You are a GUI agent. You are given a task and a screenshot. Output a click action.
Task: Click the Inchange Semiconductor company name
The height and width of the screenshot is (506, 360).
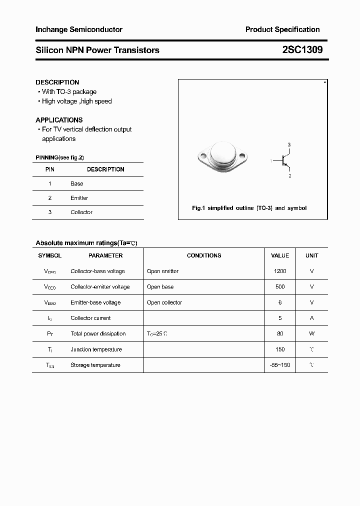coord(79,30)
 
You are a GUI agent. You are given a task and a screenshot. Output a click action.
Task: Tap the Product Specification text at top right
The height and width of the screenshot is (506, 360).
coord(282,30)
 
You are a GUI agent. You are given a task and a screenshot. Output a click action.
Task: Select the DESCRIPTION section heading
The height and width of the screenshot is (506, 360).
coord(57,82)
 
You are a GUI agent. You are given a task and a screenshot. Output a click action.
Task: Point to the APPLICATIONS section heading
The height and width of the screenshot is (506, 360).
coord(59,120)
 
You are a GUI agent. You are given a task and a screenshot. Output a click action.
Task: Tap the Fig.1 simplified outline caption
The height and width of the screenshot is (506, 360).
coord(249,208)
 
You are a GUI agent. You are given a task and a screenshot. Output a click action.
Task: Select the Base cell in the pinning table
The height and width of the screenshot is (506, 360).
coord(77,183)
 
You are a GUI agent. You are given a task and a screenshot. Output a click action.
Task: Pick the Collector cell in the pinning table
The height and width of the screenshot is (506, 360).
coord(81,212)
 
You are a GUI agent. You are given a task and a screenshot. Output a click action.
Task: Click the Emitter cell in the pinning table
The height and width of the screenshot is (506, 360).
coord(79,198)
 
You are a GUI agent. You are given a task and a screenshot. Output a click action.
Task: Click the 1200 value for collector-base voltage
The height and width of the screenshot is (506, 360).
coord(280,271)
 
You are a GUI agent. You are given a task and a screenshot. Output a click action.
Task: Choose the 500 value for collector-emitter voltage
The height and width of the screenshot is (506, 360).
coord(280,287)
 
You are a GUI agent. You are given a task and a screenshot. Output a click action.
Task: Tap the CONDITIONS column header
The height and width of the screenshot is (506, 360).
coord(204,255)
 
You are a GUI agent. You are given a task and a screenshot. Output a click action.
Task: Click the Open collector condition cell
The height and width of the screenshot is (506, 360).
coord(164,302)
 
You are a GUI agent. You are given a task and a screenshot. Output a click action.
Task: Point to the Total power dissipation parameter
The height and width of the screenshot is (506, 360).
coord(98,333)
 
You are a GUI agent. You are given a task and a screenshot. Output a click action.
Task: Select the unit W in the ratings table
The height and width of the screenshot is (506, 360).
coord(311,333)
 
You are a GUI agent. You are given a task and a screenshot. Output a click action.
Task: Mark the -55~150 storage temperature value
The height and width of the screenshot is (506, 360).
coord(280,365)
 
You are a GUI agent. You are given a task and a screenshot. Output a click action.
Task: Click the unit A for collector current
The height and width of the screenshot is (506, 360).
coord(311,318)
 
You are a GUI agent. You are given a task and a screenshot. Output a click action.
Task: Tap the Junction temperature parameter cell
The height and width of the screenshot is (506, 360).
coord(96,349)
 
